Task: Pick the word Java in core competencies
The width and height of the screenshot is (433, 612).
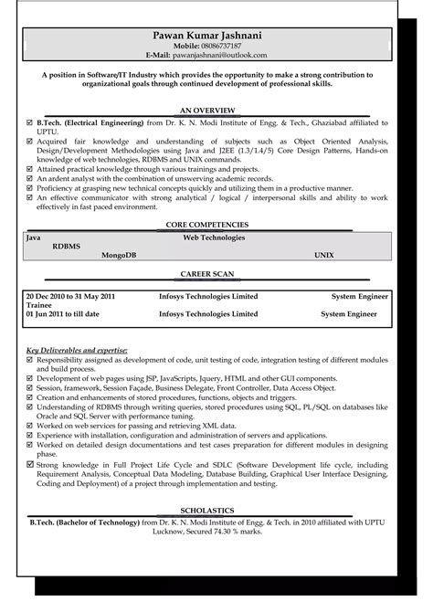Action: tap(34, 236)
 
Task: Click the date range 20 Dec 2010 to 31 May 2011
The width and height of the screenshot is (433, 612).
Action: tap(70, 297)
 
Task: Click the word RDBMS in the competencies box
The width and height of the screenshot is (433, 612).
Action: tap(66, 245)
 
